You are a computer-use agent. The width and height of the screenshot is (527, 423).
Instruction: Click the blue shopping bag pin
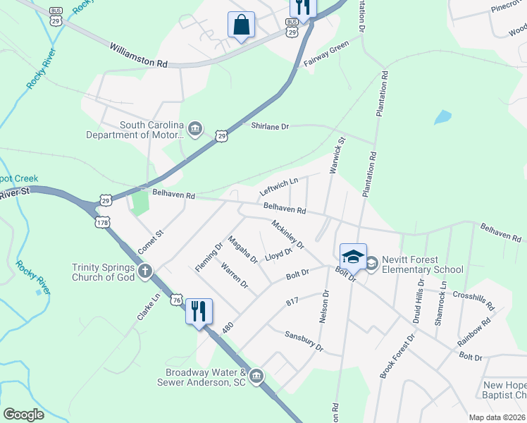pyautogui.click(x=241, y=25)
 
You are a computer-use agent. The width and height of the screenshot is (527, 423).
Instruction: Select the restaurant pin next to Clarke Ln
pyautogui.click(x=199, y=311)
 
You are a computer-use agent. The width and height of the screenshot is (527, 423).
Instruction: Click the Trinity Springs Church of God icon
pyautogui.click(x=144, y=271)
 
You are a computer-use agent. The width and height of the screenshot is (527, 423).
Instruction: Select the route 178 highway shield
pyautogui.click(x=101, y=222)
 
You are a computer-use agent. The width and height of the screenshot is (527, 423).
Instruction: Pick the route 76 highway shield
pyautogui.click(x=177, y=301)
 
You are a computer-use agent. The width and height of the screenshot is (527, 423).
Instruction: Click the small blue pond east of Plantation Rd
pyautogui.click(x=442, y=117)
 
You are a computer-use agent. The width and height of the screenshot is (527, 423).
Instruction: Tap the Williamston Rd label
pyautogui.click(x=138, y=55)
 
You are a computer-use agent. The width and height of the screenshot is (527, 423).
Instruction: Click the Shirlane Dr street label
pyautogui.click(x=271, y=126)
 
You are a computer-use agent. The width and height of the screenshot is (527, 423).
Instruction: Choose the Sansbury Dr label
pyautogui.click(x=303, y=342)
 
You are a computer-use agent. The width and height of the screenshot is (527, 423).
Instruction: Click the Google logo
pyautogui.click(x=23, y=415)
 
